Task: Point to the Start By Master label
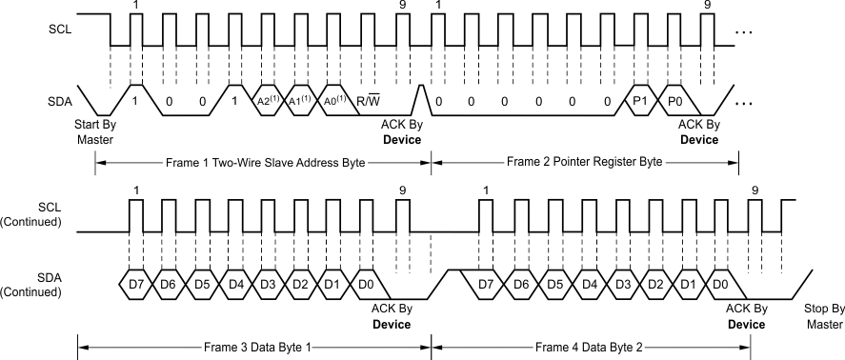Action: tap(94, 131)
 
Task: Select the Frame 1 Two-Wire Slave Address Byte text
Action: tap(264, 163)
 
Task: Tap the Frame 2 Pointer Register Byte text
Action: tap(585, 163)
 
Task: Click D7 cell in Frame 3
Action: tap(134, 285)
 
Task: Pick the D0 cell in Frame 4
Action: tap(721, 285)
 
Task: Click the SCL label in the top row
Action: tap(59, 28)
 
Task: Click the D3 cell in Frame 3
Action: tap(268, 285)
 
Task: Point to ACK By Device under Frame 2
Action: tap(698, 131)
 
